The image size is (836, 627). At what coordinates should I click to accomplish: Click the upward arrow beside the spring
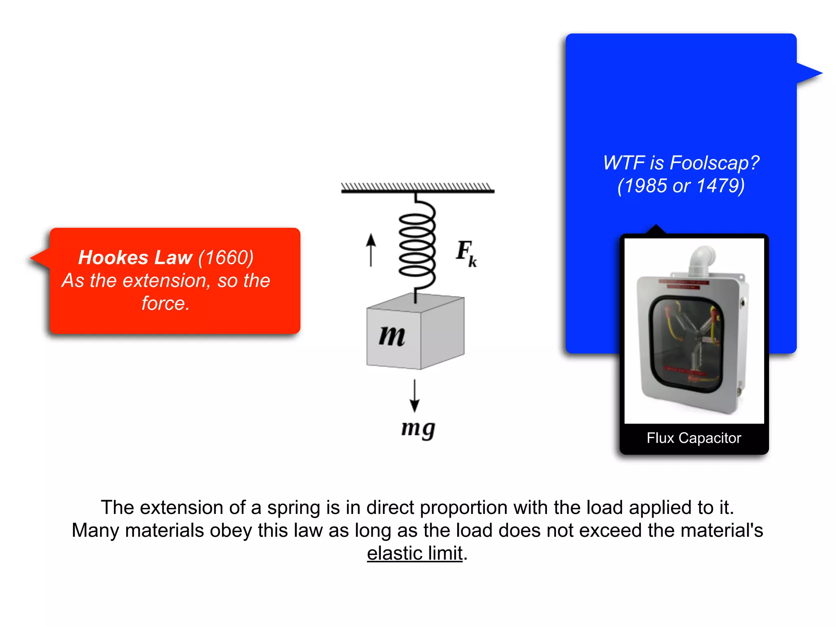coord(371,250)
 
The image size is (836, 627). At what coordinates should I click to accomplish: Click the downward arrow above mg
coord(415,396)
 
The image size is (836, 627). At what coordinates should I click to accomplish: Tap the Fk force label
coord(466,253)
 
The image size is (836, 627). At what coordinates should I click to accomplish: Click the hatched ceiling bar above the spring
coord(418,188)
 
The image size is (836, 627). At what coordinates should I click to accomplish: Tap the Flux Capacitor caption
coord(694,438)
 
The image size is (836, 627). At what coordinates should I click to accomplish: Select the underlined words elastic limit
coord(415,554)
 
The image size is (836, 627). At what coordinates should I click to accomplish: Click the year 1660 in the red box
coord(226,258)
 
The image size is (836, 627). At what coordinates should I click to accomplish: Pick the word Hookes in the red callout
coord(113,258)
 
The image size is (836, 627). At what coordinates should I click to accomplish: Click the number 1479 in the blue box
coord(720,186)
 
